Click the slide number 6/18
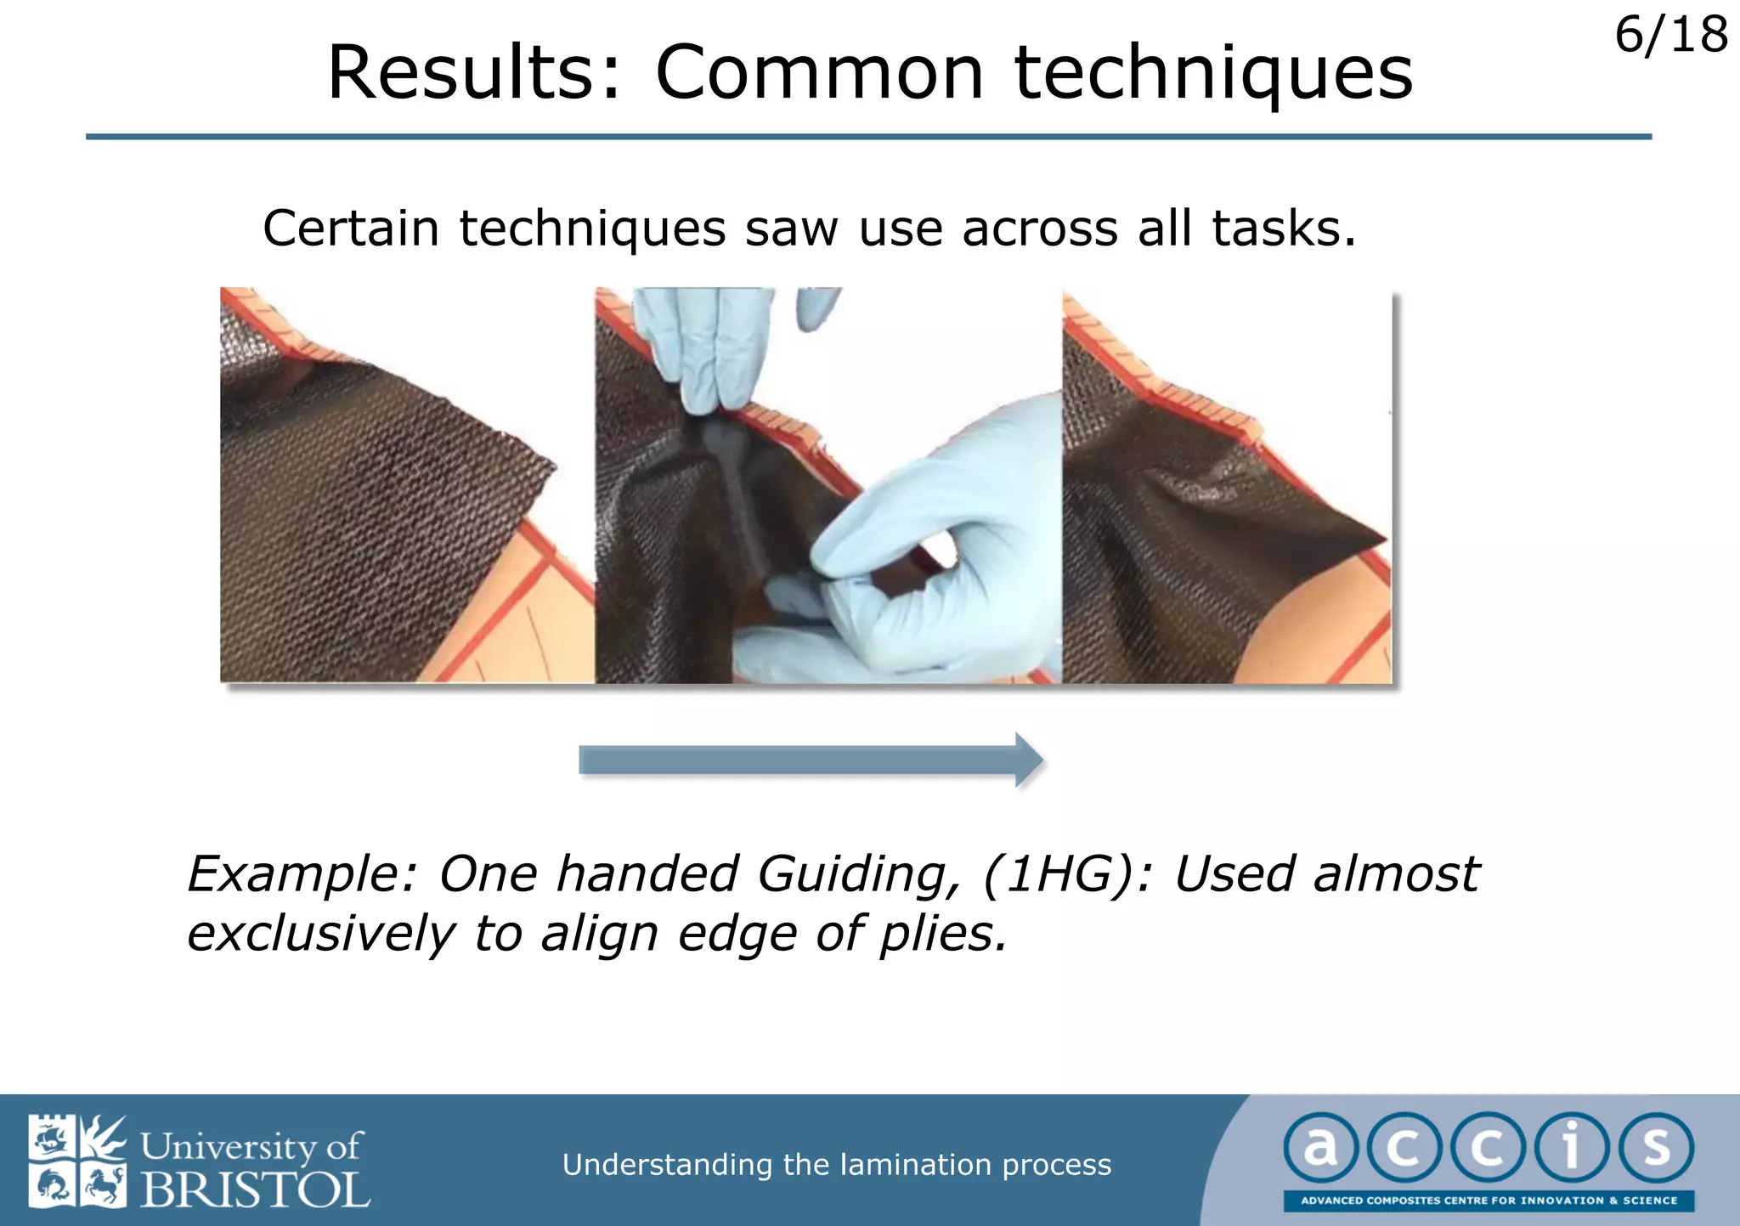[x=1669, y=36]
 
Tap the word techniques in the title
[x=1213, y=75]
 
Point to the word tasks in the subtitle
[x=1283, y=229]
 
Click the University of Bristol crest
[x=77, y=1161]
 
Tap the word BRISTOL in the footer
[x=255, y=1189]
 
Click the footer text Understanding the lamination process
[x=836, y=1165]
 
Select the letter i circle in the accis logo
[x=1571, y=1148]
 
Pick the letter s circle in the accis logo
[x=1655, y=1148]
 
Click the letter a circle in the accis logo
[x=1319, y=1148]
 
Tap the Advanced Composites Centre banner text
[x=1489, y=1201]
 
